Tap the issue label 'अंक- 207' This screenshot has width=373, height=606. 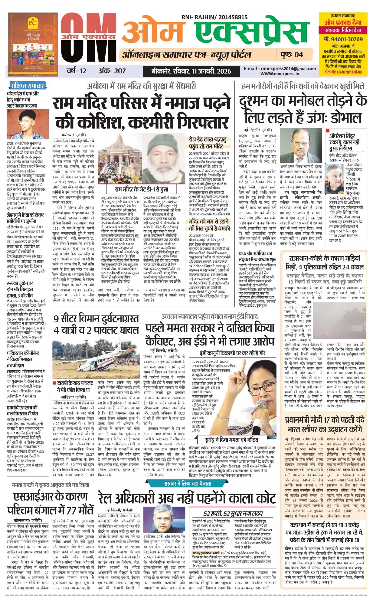(x=112, y=71)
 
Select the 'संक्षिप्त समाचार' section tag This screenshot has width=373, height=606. (x=28, y=85)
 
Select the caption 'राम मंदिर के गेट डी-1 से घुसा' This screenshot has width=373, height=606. (x=142, y=189)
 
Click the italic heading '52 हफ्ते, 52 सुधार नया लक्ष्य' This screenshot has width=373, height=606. (x=233, y=513)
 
